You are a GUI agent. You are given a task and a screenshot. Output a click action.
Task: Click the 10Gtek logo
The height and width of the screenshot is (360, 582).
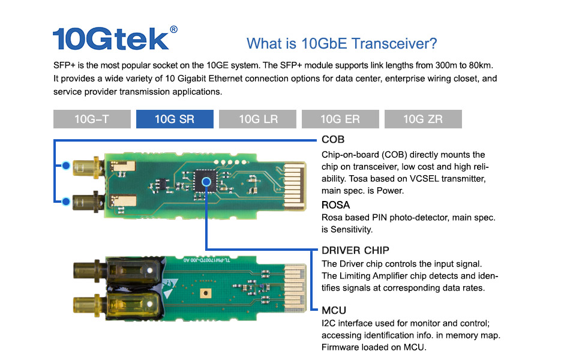pos(111,38)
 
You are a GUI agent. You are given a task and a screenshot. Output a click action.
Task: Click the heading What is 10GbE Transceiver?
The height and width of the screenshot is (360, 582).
pos(341,44)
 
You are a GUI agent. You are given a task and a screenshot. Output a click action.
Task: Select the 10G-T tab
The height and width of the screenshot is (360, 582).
pos(92,119)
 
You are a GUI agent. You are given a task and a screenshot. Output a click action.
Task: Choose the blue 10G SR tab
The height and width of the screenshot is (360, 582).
pos(175,119)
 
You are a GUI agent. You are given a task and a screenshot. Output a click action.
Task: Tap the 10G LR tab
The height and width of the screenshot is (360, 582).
pos(258,119)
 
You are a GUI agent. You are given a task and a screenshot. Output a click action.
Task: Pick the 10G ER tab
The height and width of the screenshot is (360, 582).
pos(340,119)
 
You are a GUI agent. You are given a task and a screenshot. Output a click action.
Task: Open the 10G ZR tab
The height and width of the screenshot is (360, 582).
pos(423,119)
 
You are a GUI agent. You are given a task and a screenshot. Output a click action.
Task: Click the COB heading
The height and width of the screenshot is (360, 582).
pos(333,140)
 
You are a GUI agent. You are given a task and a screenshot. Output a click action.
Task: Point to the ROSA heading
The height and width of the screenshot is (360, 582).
pos(335,205)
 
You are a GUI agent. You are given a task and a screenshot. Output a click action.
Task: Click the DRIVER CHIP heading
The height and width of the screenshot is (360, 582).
pos(355,250)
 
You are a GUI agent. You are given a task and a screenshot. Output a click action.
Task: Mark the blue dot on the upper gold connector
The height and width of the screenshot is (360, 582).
pos(66,165)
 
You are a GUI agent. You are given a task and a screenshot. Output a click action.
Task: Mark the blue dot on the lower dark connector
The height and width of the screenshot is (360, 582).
pos(66,200)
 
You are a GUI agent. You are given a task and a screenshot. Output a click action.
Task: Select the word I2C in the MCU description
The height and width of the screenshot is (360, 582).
pos(329,323)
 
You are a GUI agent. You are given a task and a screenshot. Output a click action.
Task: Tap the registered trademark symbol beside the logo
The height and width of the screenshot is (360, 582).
pos(173,29)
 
